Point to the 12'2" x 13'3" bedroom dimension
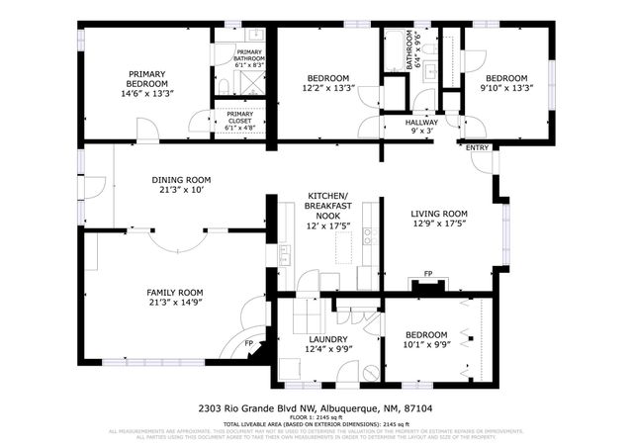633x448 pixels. coord(327,88)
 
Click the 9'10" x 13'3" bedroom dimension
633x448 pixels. coord(505,88)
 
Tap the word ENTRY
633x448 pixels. coord(478,148)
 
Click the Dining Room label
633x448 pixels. coord(181,180)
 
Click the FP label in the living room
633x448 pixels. coord(428,274)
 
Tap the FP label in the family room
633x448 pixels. coord(249,345)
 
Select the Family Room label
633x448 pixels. coord(174,293)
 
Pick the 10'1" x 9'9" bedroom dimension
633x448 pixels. coord(425,344)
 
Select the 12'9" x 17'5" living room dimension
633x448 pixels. coord(439,224)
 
